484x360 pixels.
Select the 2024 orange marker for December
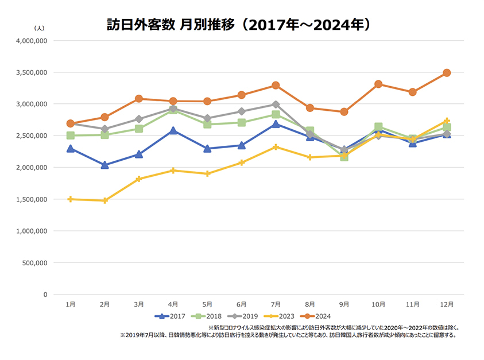[447, 73]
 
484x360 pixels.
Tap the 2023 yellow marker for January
[71, 199]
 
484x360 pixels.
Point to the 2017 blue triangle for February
[104, 165]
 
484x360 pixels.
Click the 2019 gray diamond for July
[276, 104]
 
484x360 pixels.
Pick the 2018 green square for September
[344, 156]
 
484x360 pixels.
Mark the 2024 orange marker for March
[138, 99]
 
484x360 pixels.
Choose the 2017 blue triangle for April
[173, 131]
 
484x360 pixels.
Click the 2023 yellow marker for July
[276, 147]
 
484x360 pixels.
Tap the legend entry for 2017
[170, 316]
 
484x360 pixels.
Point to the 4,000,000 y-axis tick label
[32, 41]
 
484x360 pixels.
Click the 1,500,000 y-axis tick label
[32, 199]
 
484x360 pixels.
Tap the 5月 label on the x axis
[207, 304]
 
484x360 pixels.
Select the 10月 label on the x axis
[378, 304]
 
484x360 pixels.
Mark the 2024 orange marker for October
[378, 84]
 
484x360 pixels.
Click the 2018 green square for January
[71, 136]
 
